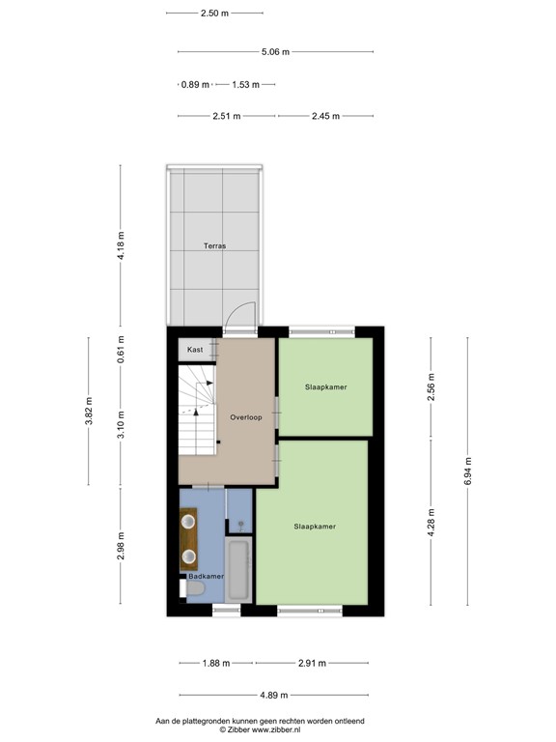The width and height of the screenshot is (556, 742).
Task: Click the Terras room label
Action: pyautogui.click(x=214, y=246)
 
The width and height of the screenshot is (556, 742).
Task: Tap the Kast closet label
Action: pyautogui.click(x=195, y=349)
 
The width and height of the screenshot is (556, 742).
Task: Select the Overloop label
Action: pyautogui.click(x=246, y=416)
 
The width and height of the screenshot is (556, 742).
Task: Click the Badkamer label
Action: pyautogui.click(x=206, y=576)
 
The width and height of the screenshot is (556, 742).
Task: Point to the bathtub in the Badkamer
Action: pyautogui.click(x=238, y=570)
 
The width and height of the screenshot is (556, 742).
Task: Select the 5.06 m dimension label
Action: pyautogui.click(x=275, y=52)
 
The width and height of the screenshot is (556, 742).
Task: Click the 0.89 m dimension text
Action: pyautogui.click(x=195, y=84)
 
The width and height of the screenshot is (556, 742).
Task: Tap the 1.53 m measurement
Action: pyautogui.click(x=246, y=84)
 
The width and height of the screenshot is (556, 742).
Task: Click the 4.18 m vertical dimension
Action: pyautogui.click(x=122, y=246)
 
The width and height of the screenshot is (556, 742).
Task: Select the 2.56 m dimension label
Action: pyautogui.click(x=431, y=386)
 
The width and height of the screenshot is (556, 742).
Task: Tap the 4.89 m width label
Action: pyautogui.click(x=275, y=695)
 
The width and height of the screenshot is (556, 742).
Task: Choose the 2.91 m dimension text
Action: pyautogui.click(x=312, y=663)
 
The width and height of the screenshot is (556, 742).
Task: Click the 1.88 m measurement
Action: pyautogui.click(x=217, y=663)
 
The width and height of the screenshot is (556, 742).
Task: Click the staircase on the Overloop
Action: pyautogui.click(x=197, y=415)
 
